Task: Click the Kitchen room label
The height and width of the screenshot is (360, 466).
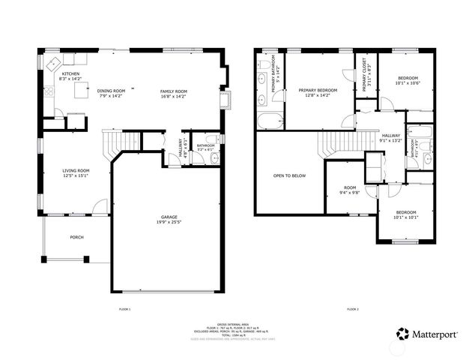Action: (70, 74)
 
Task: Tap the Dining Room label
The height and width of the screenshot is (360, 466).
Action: (111, 91)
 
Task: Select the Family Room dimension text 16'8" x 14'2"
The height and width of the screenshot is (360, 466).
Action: (172, 97)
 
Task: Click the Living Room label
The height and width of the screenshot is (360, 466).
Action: (76, 171)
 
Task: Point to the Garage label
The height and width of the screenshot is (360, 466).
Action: (167, 217)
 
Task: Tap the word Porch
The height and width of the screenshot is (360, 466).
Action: (76, 238)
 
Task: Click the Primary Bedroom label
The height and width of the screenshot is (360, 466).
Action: (318, 90)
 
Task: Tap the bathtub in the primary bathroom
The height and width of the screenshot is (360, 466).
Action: (268, 121)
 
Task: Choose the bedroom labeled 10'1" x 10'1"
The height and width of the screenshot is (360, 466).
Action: (408, 215)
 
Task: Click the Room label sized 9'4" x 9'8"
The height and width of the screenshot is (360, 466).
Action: (350, 188)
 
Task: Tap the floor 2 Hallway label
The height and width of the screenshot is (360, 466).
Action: (391, 135)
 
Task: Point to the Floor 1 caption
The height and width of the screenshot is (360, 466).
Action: (124, 309)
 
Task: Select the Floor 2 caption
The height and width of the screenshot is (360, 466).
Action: (352, 309)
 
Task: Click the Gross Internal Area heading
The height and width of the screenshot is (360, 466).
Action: (233, 320)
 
